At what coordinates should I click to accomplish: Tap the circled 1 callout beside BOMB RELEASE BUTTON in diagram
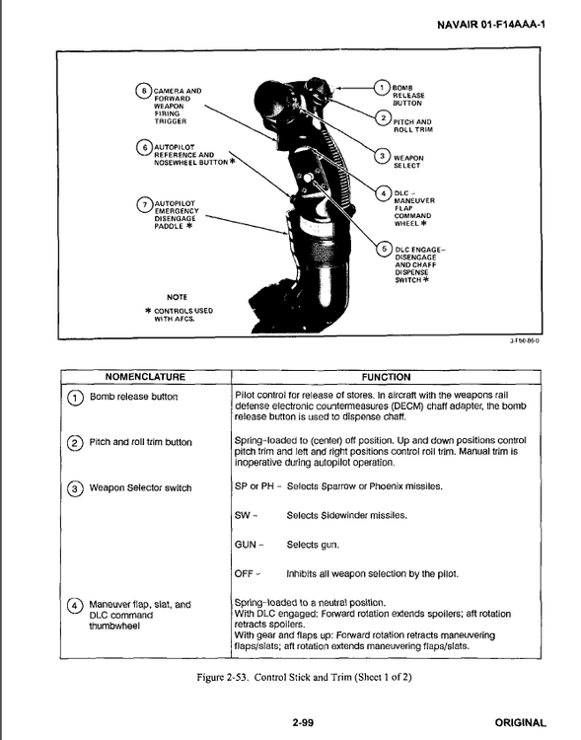tap(381, 88)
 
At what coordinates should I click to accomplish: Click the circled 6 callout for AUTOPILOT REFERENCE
tap(144, 148)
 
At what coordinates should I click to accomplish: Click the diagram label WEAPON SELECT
tap(408, 161)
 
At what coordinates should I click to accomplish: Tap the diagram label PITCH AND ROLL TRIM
tap(411, 125)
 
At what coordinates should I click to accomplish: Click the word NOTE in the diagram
tap(178, 296)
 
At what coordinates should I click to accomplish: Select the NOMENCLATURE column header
tap(146, 377)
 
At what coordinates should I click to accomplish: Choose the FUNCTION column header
tap(386, 377)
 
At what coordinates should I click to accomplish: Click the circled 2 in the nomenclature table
tap(73, 442)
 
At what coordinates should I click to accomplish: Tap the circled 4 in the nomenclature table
tap(73, 605)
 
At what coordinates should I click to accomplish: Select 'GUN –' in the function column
tap(250, 545)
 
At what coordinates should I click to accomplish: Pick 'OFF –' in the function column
tap(248, 573)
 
